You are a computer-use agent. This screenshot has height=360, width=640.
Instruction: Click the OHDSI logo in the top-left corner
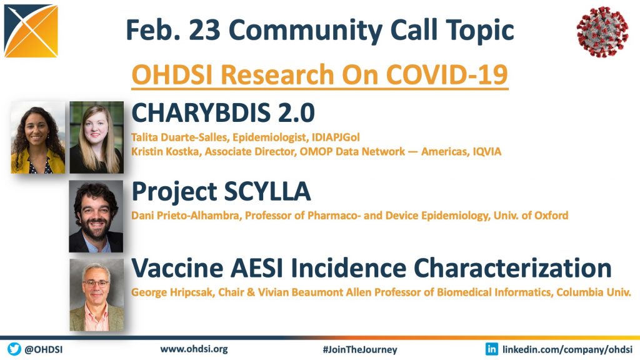coord(31,31)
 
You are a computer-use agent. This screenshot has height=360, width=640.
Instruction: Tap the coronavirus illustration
coord(602,31)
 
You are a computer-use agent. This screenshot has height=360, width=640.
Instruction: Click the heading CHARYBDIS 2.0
coord(223,112)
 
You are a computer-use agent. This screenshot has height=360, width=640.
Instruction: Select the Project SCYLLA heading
coord(221,192)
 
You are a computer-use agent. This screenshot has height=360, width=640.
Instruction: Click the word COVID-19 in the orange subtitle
coord(446,74)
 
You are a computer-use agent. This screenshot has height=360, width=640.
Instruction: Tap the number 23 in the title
coord(204,30)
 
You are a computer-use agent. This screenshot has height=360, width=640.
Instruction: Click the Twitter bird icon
coord(14,349)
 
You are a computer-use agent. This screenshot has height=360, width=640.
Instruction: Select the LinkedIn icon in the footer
coord(491,349)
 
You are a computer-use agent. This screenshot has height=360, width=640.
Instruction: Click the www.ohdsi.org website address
coord(194,349)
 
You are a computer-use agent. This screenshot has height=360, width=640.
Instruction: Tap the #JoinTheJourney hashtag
coord(359,350)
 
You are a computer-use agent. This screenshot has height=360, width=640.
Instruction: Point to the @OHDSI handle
coord(44,349)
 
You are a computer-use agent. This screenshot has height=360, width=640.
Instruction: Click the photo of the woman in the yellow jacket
coord(37,137)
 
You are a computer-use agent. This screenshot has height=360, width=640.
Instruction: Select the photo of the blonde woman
coord(96,137)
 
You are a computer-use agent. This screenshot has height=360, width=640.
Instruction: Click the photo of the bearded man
coord(96,217)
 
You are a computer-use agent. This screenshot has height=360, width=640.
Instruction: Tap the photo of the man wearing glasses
coord(96,295)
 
